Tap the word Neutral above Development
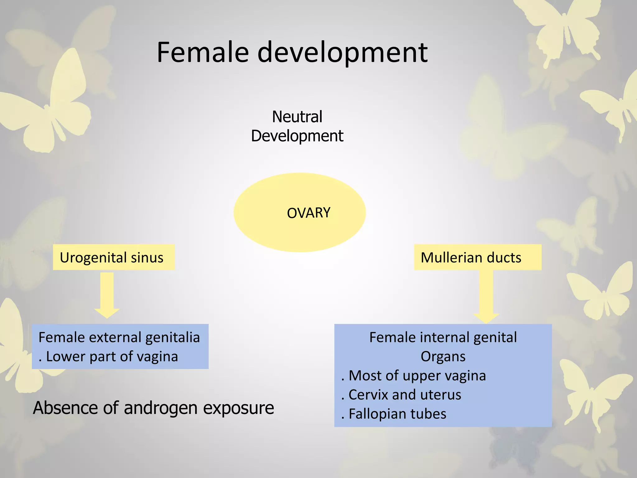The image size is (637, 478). tap(297, 117)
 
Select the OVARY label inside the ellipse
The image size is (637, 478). tap(308, 213)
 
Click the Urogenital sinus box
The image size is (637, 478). tap(114, 257)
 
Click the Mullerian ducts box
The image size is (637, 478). tap(477, 257)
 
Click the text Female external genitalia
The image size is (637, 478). tap(119, 337)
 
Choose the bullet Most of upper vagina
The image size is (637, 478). tap(417, 376)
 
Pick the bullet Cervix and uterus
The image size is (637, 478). tap(404, 395)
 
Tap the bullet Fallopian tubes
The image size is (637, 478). tap(397, 414)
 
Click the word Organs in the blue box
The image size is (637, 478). tap(443, 357)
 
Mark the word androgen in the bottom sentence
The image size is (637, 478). tap(160, 408)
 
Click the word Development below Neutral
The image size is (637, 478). tap(297, 136)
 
